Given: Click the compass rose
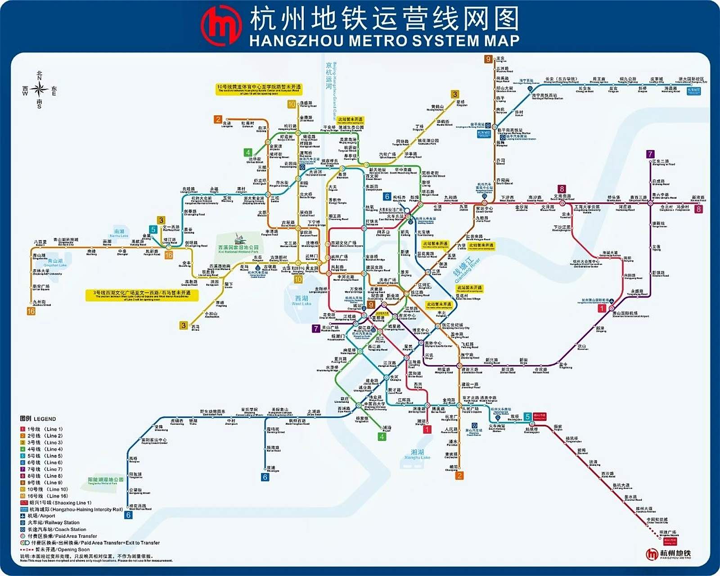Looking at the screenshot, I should point(40,90).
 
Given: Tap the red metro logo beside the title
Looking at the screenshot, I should point(221,25).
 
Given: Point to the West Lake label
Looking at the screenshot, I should point(301,301).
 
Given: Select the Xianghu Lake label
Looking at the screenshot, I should point(417,454).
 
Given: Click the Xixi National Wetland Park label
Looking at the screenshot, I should point(238,248).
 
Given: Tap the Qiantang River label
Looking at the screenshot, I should point(466,270).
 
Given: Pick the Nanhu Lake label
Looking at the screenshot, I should point(119,233).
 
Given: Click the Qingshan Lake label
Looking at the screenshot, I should point(55,263).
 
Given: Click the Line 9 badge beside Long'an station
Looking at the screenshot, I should point(488,59).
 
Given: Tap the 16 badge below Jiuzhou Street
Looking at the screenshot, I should point(31,311).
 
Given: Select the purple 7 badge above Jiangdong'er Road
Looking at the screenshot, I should point(650,154).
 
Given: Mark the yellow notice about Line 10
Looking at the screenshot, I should point(259,89).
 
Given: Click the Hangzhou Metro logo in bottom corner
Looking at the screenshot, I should point(668,554).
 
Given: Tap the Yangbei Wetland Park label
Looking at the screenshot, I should point(106,481).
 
